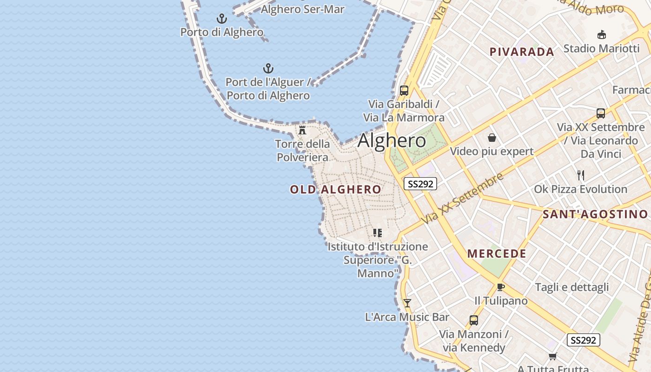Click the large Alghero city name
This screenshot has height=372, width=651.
[x=392, y=140]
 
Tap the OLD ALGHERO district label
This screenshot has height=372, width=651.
[x=335, y=189]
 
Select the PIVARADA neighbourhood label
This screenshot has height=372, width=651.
[x=522, y=52]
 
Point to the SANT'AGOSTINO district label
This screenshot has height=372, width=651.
[x=595, y=214]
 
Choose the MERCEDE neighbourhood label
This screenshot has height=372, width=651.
[x=497, y=253]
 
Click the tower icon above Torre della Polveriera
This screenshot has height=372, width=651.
[x=302, y=130]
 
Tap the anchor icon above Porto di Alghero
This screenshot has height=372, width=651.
[x=222, y=19]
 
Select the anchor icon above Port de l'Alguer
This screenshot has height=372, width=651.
[x=268, y=69]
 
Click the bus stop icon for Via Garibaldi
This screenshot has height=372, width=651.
[x=404, y=91]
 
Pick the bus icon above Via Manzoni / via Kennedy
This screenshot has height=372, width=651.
[x=473, y=320]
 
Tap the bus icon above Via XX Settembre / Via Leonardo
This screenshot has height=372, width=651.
[x=600, y=113]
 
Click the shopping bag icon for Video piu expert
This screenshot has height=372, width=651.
[x=492, y=138]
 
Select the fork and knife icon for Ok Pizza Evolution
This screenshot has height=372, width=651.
[x=580, y=175]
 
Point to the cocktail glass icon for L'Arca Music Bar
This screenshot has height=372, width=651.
[x=407, y=303]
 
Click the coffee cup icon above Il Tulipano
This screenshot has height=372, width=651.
[x=500, y=287]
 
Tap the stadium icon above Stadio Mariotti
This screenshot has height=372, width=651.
[x=601, y=34]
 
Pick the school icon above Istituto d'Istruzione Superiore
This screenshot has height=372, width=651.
[x=377, y=232]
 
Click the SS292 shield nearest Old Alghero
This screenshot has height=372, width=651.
[x=420, y=184]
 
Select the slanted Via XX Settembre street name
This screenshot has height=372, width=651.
[x=463, y=198]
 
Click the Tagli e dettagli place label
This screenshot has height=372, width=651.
[x=571, y=287]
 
